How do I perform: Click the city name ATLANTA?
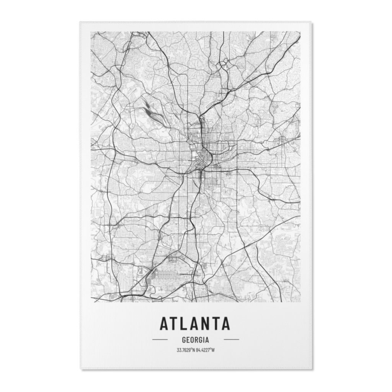tap(195, 323)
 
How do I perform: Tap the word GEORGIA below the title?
tap(195, 340)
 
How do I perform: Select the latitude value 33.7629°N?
tap(186, 350)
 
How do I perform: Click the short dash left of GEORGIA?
tap(160, 340)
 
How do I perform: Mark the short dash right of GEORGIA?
tap(231, 340)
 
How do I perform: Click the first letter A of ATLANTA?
tap(164, 323)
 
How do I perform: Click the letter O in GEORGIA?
tap(193, 340)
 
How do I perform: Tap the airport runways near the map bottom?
tap(172, 274)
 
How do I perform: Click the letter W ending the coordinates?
tap(213, 350)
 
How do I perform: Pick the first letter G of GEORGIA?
tap(184, 340)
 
